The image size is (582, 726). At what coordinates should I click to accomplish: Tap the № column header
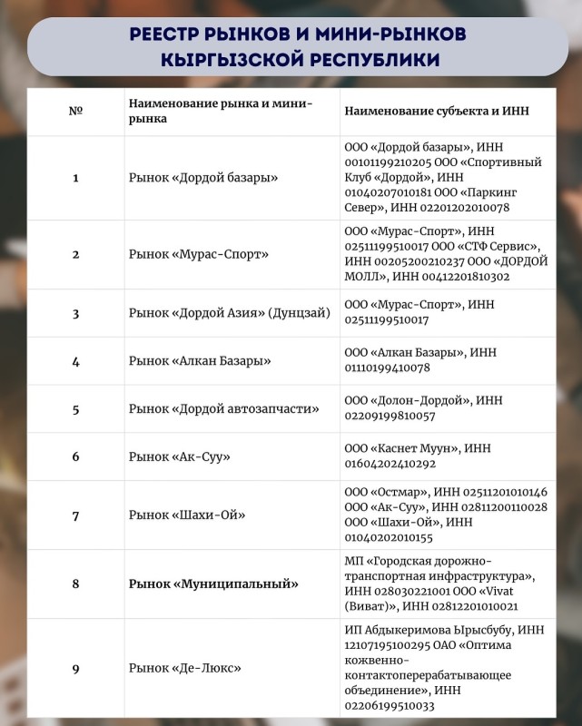click(75, 111)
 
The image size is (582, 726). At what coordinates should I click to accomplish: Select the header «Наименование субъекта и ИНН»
click(436, 111)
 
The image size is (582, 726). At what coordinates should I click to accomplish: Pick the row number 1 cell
click(75, 177)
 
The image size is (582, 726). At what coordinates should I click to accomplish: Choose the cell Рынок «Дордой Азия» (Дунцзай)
click(230, 313)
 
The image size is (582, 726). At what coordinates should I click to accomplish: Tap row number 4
click(75, 360)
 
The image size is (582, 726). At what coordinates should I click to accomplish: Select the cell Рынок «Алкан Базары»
click(201, 360)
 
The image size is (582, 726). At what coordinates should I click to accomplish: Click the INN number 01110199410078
click(388, 368)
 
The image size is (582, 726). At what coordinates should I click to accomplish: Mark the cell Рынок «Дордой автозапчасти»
click(223, 408)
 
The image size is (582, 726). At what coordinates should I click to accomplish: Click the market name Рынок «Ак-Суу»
click(179, 456)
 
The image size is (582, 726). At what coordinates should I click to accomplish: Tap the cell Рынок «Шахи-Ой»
click(188, 515)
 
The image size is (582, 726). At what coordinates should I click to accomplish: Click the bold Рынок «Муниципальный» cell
click(213, 584)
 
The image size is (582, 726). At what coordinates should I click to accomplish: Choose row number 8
click(75, 584)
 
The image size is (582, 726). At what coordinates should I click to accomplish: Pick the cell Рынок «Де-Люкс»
click(185, 669)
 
